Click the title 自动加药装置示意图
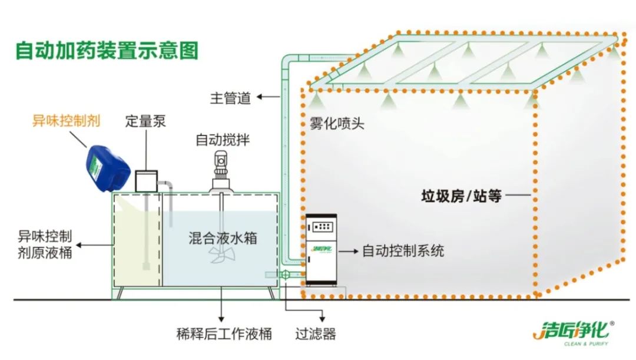[x=107, y=49]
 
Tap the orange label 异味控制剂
[x=66, y=121]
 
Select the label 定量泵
[x=145, y=121]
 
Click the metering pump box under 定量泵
[x=146, y=180]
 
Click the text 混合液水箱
[x=223, y=238]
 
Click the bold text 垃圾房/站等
[x=461, y=196]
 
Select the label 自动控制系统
[x=403, y=251]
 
